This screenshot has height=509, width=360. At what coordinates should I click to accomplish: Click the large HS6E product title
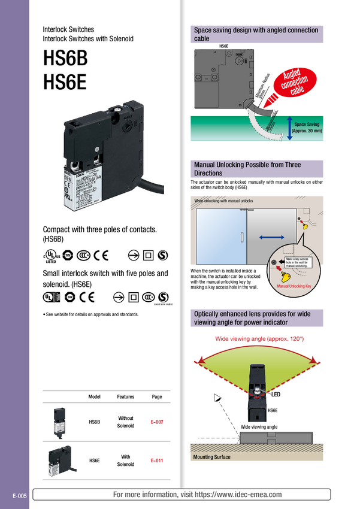click(65, 81)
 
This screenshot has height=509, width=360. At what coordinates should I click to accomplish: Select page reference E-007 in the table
click(157, 422)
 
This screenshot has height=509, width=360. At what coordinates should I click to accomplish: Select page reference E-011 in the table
click(157, 460)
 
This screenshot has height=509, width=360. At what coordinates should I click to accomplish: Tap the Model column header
click(94, 397)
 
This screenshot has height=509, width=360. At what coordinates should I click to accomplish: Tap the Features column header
click(126, 397)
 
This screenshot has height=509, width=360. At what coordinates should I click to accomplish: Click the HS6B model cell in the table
click(94, 422)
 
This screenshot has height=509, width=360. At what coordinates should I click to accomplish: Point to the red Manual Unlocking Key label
click(295, 287)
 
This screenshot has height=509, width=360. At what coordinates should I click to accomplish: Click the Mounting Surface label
click(211, 458)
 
